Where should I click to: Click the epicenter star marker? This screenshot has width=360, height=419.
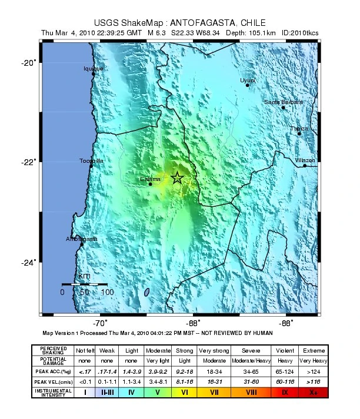coord(177,178)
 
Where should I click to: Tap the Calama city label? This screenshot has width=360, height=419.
coord(150,179)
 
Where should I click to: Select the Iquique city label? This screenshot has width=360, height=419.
coord(93,69)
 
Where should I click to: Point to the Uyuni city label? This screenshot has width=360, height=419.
coord(248,80)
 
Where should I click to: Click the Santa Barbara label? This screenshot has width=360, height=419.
coord(284,102)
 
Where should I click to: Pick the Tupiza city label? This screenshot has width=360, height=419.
coord(299,129)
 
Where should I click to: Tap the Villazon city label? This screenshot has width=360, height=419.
coord(305,160)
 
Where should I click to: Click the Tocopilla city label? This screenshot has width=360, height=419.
coord(92,161)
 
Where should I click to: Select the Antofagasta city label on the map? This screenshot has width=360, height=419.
coord(81,239)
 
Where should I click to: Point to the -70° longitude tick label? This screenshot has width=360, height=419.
coord(100,323)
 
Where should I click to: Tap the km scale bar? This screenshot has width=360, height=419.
coord(84,284)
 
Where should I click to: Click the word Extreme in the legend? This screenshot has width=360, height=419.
coord(312,350)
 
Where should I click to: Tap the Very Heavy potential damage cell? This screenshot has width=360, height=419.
coord(312,360)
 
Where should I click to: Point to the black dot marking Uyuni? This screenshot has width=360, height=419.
coord(248,85)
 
